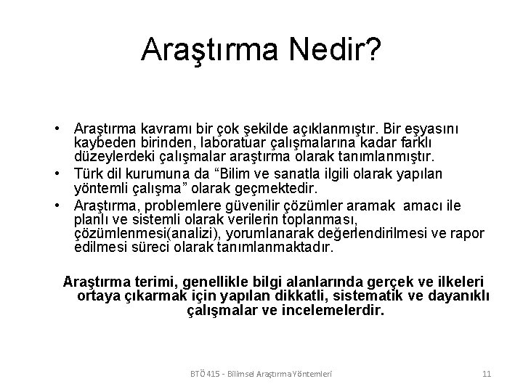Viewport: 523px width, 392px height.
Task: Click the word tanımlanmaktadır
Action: point(280,248)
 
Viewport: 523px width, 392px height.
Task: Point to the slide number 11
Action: point(487,374)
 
